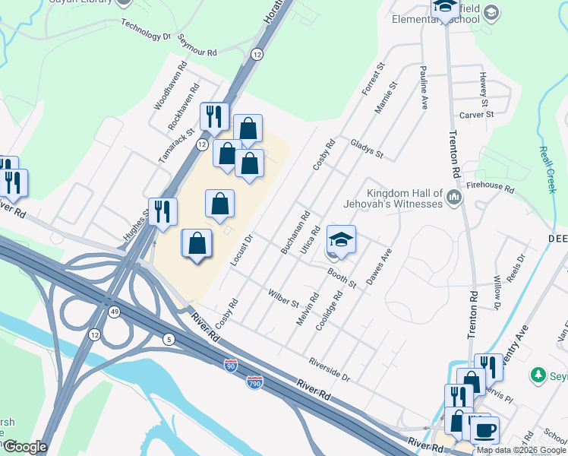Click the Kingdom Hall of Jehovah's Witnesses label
[404, 198]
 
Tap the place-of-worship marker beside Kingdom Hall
[455, 198]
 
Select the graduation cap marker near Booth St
[342, 240]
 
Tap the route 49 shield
[114, 312]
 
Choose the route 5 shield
[168, 337]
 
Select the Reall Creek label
[547, 169]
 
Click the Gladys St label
[367, 148]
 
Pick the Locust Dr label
[242, 250]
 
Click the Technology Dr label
[146, 30]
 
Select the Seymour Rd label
[197, 45]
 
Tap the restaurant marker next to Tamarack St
[214, 116]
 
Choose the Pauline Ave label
[422, 87]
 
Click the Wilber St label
[283, 298]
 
